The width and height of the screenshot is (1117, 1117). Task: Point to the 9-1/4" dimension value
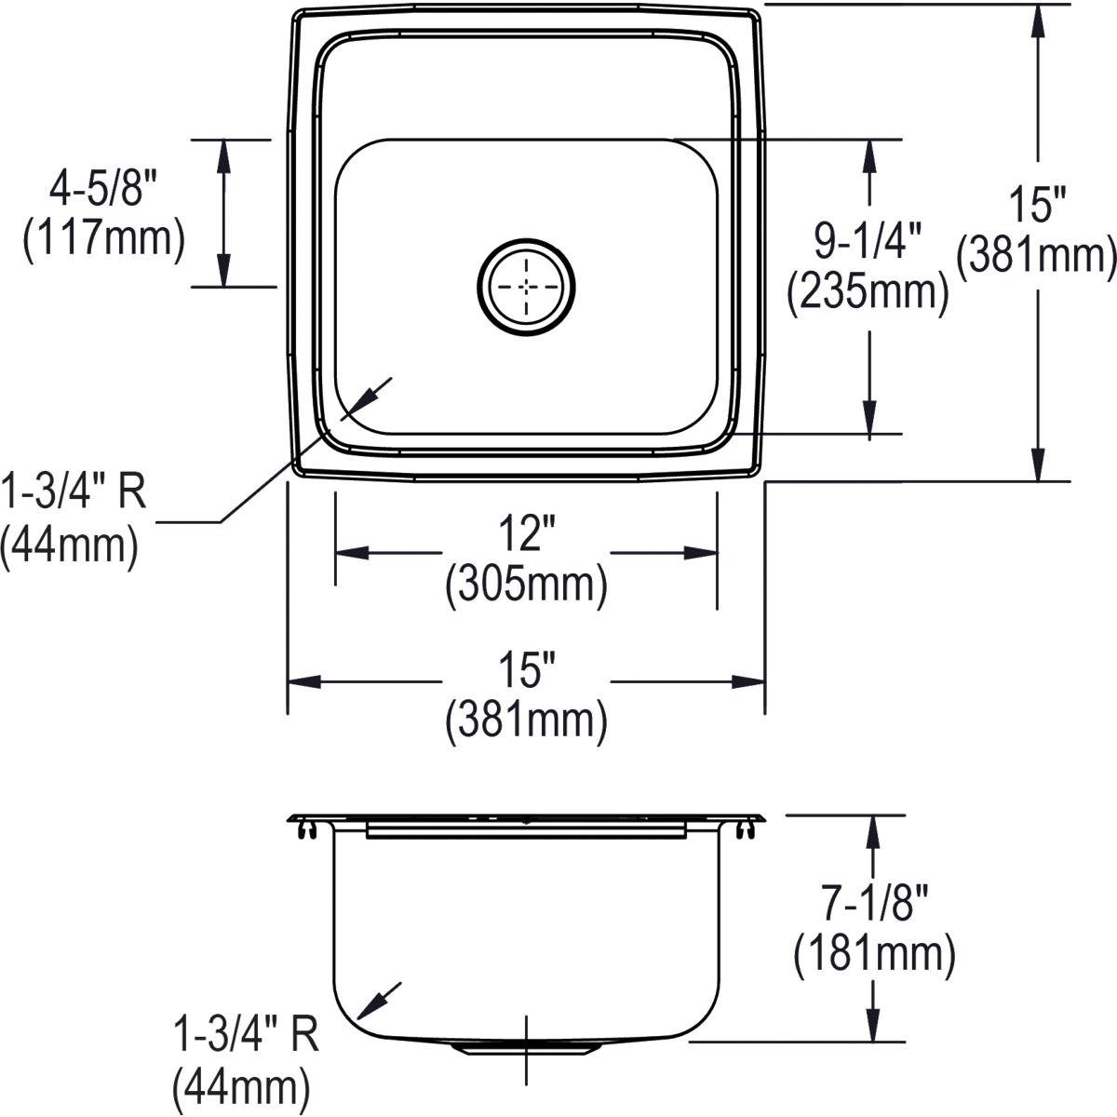pos(868,242)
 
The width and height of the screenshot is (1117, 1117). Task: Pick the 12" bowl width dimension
pos(526,535)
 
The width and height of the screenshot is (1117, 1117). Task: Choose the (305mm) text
pos(526,585)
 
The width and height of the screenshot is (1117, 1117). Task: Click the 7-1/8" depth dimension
pos(875,905)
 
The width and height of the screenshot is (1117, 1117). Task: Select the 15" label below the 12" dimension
pos(526,670)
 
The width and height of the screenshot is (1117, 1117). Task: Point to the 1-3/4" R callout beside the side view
pos(246,1034)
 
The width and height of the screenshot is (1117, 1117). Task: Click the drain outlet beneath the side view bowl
pos(526,1047)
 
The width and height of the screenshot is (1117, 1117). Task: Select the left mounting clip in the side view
pos(305,827)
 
